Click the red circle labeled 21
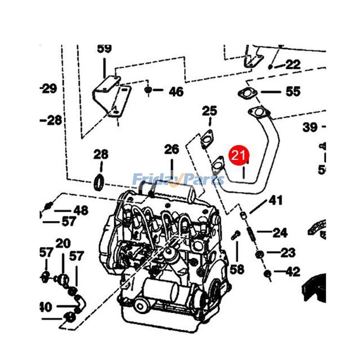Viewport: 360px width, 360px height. tap(238, 156)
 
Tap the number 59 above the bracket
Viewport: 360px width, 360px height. tap(104, 49)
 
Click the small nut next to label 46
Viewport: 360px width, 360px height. tap(148, 90)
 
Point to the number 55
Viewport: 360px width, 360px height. tap(292, 92)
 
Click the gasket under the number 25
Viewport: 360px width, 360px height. tap(207, 138)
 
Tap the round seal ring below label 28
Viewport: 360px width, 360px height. tap(100, 182)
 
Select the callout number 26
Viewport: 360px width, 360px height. tap(171, 149)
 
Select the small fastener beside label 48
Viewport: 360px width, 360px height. tap(48, 207)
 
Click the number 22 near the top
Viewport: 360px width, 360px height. tap(292, 64)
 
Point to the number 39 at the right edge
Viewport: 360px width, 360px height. tap(310, 127)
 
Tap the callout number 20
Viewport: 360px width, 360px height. tap(63, 243)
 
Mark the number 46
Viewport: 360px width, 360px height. tap(176, 92)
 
